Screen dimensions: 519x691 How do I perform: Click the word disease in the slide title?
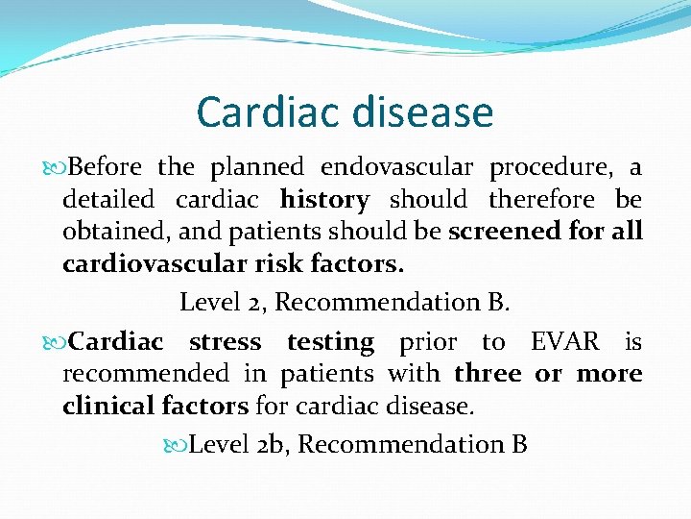click(420, 112)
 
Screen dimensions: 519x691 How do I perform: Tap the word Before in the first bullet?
click(106, 167)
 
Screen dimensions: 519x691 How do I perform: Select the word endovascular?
click(396, 167)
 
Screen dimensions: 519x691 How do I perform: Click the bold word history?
click(324, 201)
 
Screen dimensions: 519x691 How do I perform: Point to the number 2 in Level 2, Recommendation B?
click(260, 302)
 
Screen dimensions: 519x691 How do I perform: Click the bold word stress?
click(225, 342)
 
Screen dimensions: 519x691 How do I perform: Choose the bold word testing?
click(330, 343)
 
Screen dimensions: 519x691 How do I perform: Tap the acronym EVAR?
click(565, 342)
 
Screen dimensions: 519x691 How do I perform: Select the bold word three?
click(488, 373)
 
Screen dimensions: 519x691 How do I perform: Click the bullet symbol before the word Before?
click(56, 168)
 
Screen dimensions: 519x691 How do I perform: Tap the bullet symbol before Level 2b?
click(176, 445)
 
